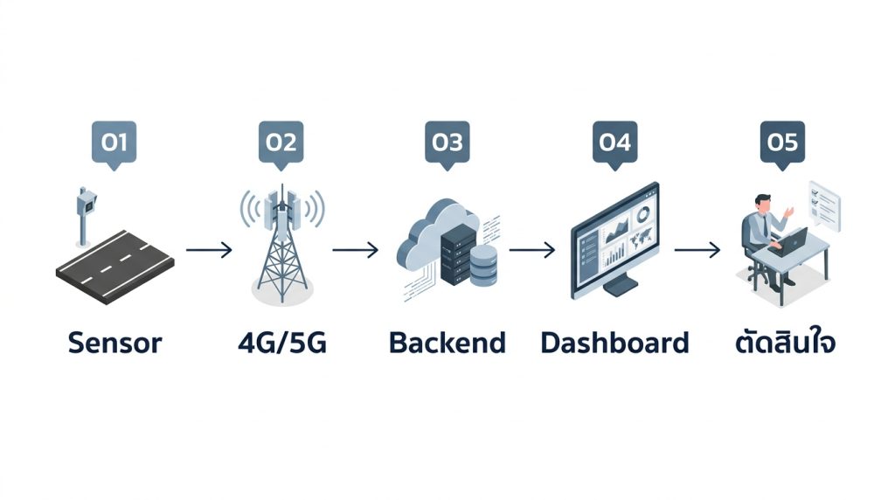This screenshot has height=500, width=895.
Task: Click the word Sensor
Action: (x=114, y=343)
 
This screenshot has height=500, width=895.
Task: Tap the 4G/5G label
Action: (x=282, y=343)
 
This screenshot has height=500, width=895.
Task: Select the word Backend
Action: (x=447, y=343)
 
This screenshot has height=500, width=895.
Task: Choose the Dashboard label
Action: (x=614, y=343)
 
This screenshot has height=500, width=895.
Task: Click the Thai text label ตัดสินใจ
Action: (x=786, y=342)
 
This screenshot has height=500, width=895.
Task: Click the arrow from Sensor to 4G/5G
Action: (x=209, y=249)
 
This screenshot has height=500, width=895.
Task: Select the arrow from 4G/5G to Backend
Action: (x=355, y=249)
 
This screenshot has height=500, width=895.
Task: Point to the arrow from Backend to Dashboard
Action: (x=532, y=249)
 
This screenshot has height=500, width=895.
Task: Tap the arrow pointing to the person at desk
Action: (x=697, y=249)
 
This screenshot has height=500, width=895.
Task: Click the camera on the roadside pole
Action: (x=87, y=201)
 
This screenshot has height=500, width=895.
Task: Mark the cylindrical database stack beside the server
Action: (x=483, y=266)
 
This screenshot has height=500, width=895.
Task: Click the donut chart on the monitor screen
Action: (x=642, y=215)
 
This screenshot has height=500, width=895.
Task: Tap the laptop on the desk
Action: (x=790, y=242)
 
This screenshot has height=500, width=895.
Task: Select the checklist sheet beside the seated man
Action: (x=825, y=205)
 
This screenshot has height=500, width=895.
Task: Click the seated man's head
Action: (x=762, y=203)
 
